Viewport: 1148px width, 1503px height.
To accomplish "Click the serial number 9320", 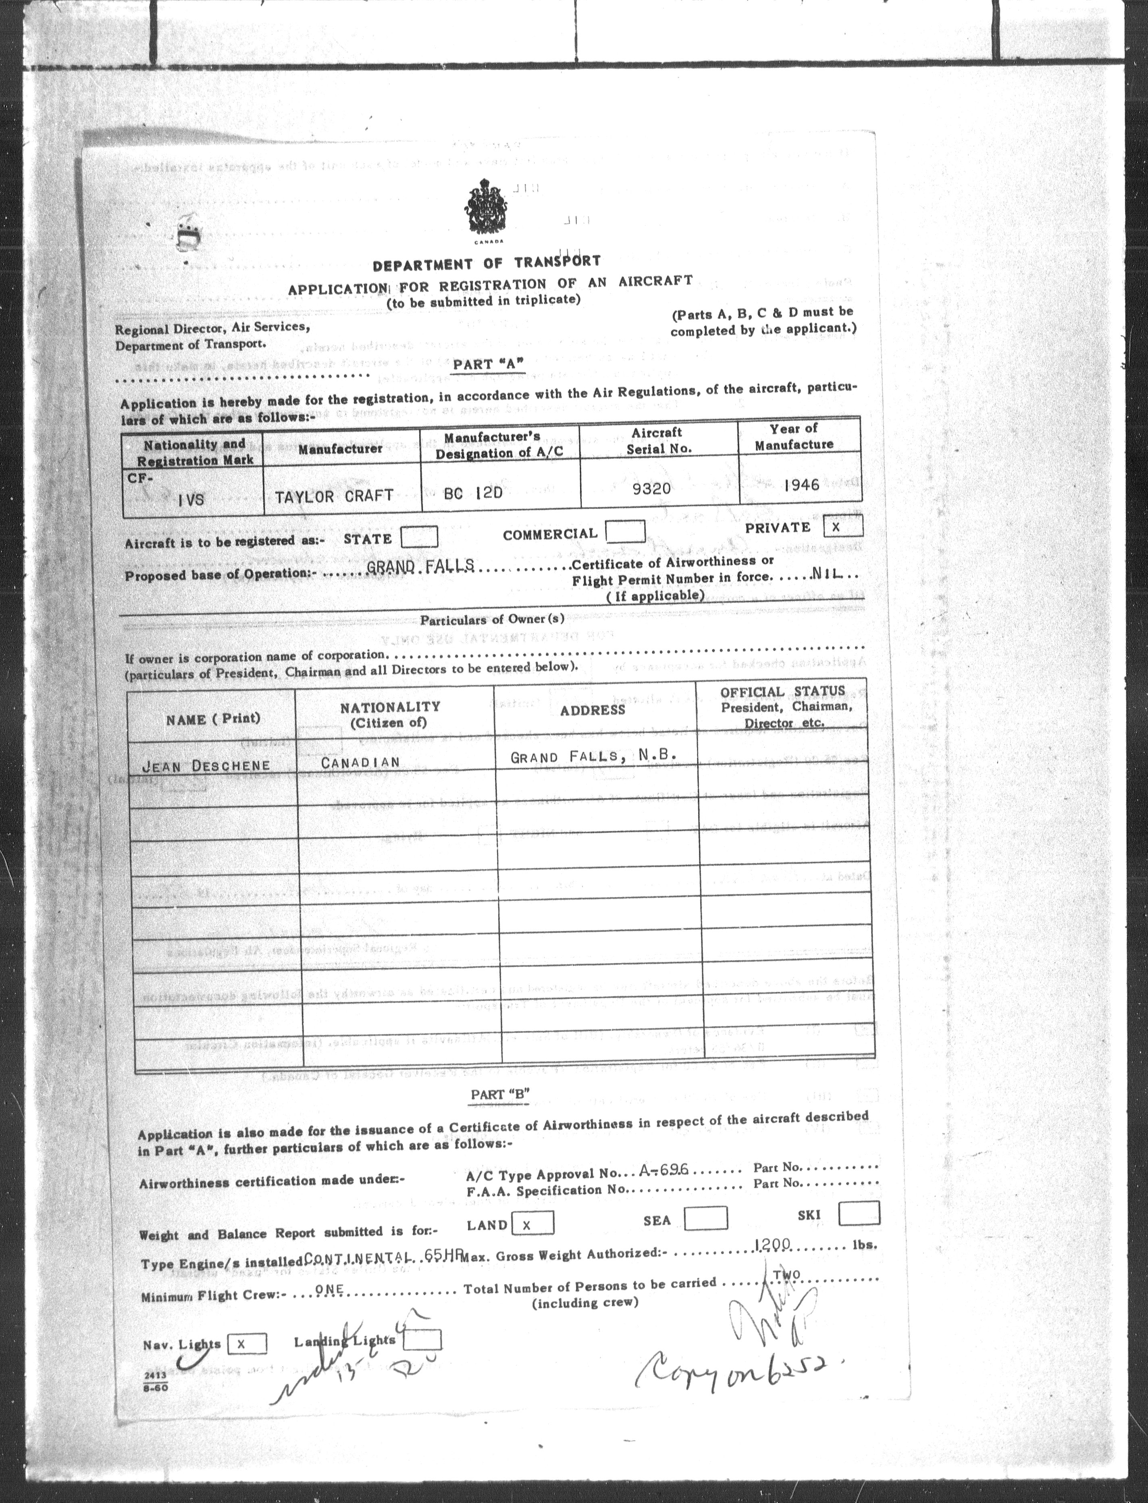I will tap(651, 489).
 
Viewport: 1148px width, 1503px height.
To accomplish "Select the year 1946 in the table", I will tap(802, 485).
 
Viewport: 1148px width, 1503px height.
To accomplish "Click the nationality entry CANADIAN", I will tap(360, 762).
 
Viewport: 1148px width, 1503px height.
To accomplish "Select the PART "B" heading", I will tap(500, 1094).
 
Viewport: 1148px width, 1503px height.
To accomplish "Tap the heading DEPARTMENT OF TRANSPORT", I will tap(487, 262).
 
